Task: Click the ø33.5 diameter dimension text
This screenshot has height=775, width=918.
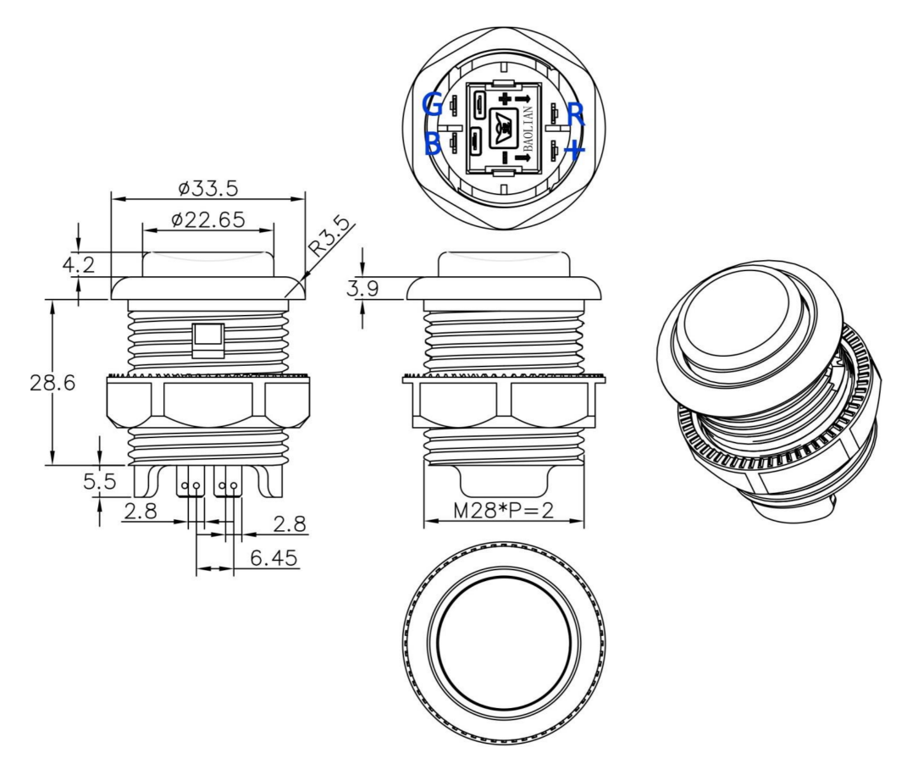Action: (x=207, y=187)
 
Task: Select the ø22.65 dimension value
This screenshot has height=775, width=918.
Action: (x=207, y=220)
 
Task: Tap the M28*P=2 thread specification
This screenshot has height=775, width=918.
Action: (x=504, y=511)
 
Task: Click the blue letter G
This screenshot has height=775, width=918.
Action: (x=433, y=105)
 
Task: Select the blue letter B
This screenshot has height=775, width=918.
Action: (x=432, y=145)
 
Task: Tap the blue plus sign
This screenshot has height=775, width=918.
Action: (x=576, y=151)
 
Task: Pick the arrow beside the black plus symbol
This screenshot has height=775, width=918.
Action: (x=523, y=101)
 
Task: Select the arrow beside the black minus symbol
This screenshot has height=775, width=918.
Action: (x=523, y=158)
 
